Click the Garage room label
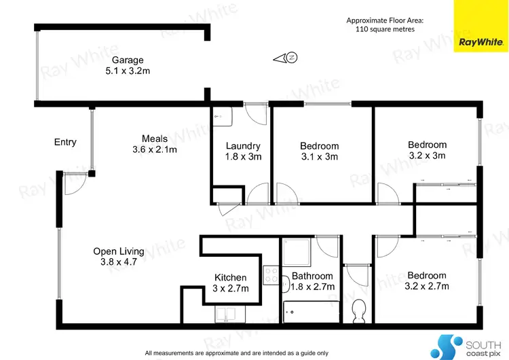pos(128,60)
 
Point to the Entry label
pos(65,142)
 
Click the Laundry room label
pos(243,145)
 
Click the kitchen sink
pos(229,314)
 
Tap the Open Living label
pos(119,251)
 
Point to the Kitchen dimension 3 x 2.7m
pos(231,289)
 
